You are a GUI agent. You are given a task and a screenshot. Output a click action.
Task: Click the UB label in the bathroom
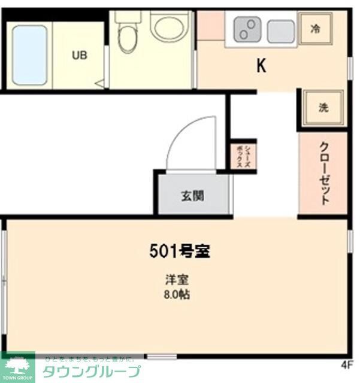tap(80, 56)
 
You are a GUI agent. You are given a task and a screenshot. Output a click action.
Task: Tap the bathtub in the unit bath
tap(29, 55)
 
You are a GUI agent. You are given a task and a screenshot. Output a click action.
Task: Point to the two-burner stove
tap(246, 29)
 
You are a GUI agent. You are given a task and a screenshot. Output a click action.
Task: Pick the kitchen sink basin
tap(280, 31)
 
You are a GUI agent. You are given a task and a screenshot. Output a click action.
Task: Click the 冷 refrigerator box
tap(315, 28)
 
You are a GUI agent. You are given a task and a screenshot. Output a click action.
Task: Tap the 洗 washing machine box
tap(323, 108)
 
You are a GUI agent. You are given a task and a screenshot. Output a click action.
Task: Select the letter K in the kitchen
tap(261, 66)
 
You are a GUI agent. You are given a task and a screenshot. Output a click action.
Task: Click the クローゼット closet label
tap(323, 174)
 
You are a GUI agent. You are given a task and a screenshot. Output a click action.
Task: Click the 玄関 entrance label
tap(193, 195)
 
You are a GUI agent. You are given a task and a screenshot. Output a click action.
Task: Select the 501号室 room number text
tap(179, 251)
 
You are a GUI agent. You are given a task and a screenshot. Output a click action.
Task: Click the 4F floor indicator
tap(347, 364)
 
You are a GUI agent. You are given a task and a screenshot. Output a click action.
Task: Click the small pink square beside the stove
tap(210, 25)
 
